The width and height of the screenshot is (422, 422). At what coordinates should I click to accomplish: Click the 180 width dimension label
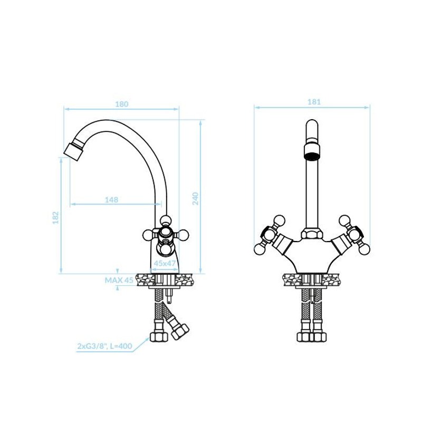(122, 104)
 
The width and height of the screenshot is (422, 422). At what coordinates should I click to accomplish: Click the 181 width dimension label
(314, 102)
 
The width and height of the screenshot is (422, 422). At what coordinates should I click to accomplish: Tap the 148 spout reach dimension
(111, 200)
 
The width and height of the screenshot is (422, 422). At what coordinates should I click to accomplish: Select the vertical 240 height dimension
(195, 198)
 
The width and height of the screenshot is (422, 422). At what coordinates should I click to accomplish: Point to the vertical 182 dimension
(55, 218)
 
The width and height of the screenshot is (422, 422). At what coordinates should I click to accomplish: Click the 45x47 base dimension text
(165, 263)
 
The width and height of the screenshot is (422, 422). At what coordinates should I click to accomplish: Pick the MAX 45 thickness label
(119, 281)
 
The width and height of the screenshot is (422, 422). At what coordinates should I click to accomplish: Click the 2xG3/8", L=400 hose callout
(104, 346)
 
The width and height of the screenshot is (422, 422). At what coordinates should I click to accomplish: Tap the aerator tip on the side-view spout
(73, 151)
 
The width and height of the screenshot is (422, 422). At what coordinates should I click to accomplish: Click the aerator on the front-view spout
(312, 152)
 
